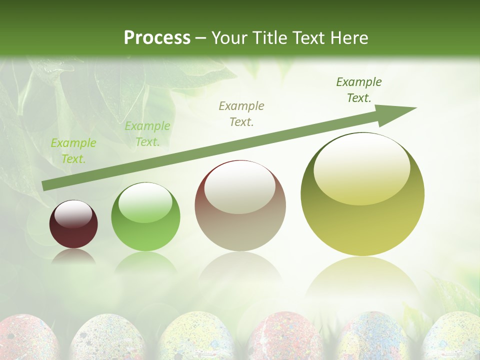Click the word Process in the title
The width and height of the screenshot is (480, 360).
click(157, 37)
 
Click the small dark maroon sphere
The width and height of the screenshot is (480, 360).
click(73, 224)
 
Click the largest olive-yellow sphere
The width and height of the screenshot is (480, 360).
click(362, 195)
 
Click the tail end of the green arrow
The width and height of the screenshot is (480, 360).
click(46, 185)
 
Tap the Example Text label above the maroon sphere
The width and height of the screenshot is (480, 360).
click(73, 151)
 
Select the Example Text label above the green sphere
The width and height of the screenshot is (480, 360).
click(147, 134)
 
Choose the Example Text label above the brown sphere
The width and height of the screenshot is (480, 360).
click(241, 113)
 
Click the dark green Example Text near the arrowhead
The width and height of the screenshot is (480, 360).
click(359, 89)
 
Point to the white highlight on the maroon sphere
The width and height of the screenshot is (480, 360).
click(73, 213)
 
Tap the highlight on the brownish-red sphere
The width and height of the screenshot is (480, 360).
click(240, 186)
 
